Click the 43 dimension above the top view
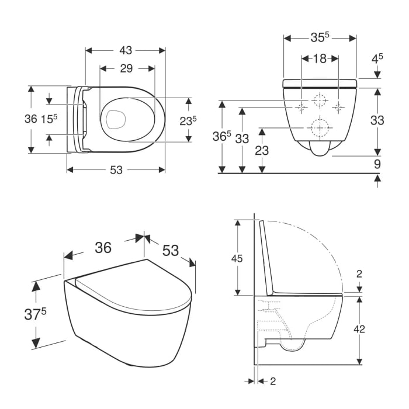click(126, 51)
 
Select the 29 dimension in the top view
click(126, 68)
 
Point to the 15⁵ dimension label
click(49, 119)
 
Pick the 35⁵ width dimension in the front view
click(319, 37)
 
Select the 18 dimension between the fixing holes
click(319, 58)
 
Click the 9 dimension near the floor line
click(377, 164)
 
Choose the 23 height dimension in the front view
click(262, 150)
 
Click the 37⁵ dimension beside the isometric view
click(36, 314)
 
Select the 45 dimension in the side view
click(237, 258)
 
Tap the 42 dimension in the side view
click(359, 329)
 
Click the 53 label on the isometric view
click(171, 249)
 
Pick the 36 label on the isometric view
click(103, 248)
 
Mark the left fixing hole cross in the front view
click(301, 107)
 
